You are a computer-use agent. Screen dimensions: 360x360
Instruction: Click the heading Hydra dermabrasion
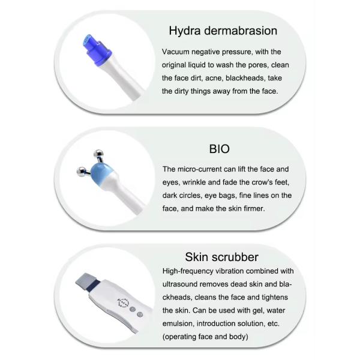[x=223, y=31]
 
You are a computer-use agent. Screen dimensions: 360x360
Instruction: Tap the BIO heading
[x=220, y=149]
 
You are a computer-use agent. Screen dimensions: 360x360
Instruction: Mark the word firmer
[x=259, y=208]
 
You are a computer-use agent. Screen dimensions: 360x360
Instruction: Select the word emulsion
[x=182, y=324]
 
